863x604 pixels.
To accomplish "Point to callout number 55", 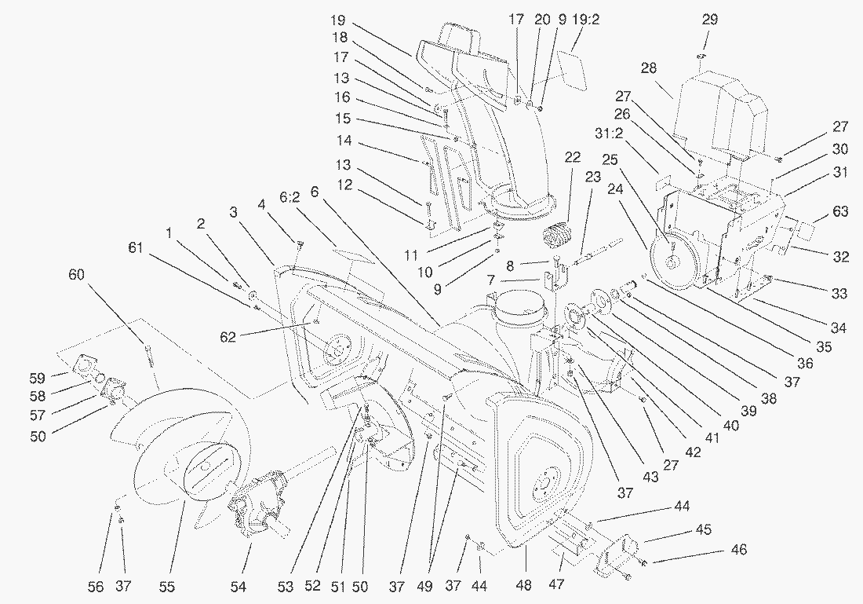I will (x=167, y=586).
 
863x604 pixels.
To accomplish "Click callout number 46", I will (x=738, y=550).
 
